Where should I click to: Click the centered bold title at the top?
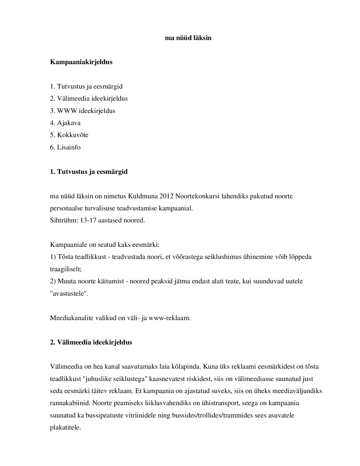click(x=188, y=38)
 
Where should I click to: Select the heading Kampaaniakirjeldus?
click(x=81, y=62)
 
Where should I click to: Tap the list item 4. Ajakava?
click(x=65, y=123)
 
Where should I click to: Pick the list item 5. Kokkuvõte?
click(x=69, y=135)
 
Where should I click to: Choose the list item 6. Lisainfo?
click(x=65, y=147)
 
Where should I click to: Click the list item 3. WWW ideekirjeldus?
click(x=83, y=111)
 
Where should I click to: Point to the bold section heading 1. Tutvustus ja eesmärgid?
click(x=89, y=172)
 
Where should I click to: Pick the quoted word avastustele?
click(x=69, y=294)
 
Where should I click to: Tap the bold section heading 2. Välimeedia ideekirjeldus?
click(x=91, y=342)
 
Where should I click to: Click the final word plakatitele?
click(x=65, y=428)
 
